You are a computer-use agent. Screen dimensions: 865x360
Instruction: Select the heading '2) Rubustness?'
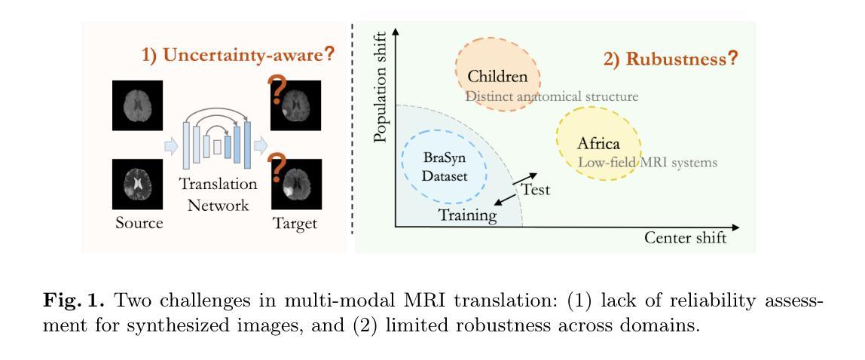[x=671, y=59]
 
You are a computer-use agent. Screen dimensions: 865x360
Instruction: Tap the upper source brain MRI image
[x=137, y=105]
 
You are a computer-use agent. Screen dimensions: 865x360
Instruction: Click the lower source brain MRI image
[x=137, y=184]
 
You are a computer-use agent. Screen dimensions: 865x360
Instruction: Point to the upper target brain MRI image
[x=296, y=105]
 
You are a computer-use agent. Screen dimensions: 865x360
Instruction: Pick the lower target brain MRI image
[x=296, y=184]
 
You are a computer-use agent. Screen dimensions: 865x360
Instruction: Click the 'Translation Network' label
[x=218, y=194]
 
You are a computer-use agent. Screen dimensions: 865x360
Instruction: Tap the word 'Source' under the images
[x=139, y=223]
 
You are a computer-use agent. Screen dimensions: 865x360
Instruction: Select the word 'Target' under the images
[x=295, y=224]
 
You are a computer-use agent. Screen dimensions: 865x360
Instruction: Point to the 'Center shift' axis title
[x=685, y=237]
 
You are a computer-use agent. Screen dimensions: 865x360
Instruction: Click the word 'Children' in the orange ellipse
[x=497, y=76]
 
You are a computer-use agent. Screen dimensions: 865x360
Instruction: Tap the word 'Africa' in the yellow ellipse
[x=598, y=143]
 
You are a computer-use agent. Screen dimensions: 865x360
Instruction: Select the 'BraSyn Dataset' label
[x=445, y=167]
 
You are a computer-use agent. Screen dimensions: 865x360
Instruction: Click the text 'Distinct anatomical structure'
[x=552, y=96]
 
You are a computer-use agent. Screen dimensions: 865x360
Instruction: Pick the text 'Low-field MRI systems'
[x=647, y=163]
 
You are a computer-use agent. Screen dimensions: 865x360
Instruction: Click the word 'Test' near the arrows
[x=536, y=190]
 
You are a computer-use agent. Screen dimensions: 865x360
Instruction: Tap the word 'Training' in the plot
[x=468, y=215]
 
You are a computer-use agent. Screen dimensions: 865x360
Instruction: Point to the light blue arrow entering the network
[x=172, y=146]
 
